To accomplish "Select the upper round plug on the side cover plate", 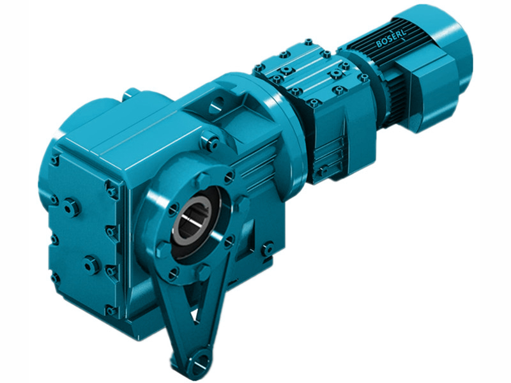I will click(x=71, y=207).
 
